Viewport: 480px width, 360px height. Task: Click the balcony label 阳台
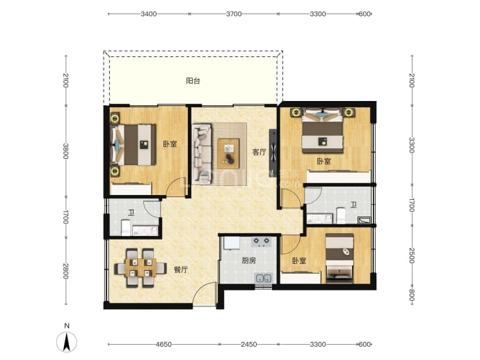pyautogui.click(x=193, y=81)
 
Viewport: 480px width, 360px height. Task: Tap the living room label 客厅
pyautogui.click(x=259, y=152)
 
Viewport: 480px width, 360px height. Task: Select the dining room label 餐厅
pyautogui.click(x=181, y=269)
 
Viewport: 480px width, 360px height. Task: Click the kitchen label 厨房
pyautogui.click(x=248, y=260)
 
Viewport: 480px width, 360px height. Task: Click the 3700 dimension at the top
pyautogui.click(x=234, y=14)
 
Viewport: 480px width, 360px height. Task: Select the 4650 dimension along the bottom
pyautogui.click(x=163, y=345)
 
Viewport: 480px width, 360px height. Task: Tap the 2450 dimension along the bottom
pyautogui.click(x=248, y=345)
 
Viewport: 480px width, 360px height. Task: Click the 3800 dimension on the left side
pyautogui.click(x=65, y=151)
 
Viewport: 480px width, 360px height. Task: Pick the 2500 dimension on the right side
pyautogui.click(x=412, y=256)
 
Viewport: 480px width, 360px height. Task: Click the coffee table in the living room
pyautogui.click(x=228, y=153)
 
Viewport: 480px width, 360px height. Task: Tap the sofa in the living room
pyautogui.click(x=202, y=154)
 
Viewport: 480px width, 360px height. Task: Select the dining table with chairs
pyautogui.click(x=141, y=268)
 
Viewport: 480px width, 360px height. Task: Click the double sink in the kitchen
pyautogui.click(x=263, y=279)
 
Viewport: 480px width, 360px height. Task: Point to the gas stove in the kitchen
pyautogui.click(x=262, y=242)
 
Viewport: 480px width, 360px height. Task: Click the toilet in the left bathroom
pyautogui.click(x=126, y=227)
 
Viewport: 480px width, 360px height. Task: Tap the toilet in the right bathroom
pyautogui.click(x=341, y=215)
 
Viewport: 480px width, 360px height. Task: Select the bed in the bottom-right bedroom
pyautogui.click(x=339, y=258)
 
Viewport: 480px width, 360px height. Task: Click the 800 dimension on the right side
pyautogui.click(x=412, y=296)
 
